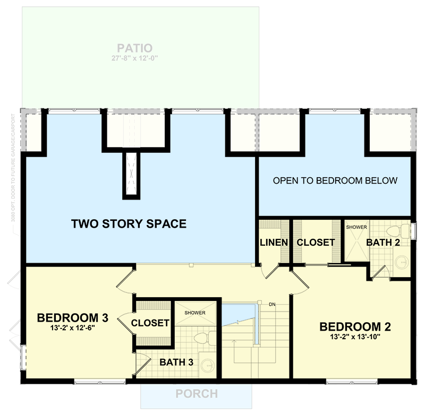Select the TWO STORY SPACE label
tap(129, 224)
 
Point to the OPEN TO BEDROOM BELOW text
tap(335, 180)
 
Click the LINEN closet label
tap(274, 243)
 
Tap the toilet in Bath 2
tap(393, 232)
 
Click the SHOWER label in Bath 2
tap(356, 227)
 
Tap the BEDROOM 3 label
tap(73, 318)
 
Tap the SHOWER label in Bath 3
tap(195, 313)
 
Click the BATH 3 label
tap(176, 363)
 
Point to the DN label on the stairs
tap(271, 304)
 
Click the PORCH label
tap(196, 394)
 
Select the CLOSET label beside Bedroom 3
tap(150, 323)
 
